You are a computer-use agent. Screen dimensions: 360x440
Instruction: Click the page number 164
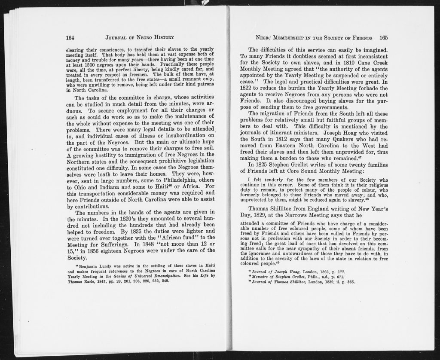(x=70, y=37)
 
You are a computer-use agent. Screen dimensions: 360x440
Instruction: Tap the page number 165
(x=383, y=37)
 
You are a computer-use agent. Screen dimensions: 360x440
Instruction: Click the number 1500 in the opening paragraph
(x=89, y=64)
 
